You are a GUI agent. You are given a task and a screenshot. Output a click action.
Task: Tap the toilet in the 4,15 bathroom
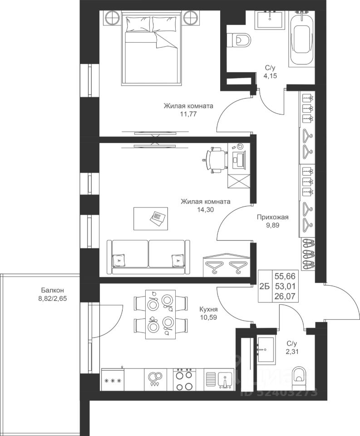[239, 40]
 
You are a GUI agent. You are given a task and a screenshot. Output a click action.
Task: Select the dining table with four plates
[161, 314]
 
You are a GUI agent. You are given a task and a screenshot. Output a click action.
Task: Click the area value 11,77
[188, 114]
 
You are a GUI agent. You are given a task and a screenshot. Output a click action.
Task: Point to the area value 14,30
[205, 210]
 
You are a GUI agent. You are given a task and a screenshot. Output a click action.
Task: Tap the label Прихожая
[272, 217]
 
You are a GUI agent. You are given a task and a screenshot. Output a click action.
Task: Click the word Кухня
[208, 309]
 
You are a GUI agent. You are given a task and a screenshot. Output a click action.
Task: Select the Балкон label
[53, 290]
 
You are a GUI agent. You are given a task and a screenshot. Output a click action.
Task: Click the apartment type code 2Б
[265, 287]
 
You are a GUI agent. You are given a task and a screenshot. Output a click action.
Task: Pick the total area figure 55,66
[285, 276]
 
